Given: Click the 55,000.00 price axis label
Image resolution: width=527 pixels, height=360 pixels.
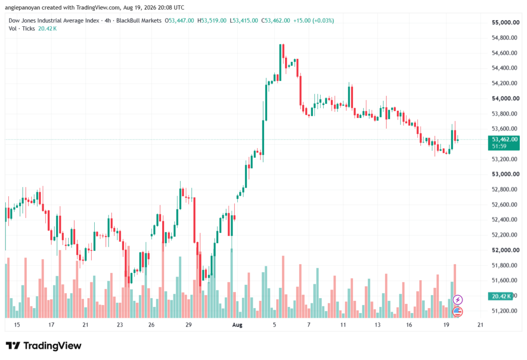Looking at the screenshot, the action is (505, 23).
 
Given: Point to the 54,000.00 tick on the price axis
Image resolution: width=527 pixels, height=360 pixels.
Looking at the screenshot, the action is (505, 98).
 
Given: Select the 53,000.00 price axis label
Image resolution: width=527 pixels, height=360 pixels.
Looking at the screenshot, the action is (505, 174).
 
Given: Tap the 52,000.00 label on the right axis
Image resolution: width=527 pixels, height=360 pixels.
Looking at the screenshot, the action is (505, 250).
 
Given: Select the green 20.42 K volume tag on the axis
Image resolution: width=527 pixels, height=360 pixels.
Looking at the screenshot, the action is (500, 296).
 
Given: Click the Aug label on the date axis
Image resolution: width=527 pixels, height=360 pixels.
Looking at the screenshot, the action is (237, 324).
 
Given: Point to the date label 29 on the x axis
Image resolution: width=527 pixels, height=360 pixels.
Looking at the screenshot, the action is (188, 324).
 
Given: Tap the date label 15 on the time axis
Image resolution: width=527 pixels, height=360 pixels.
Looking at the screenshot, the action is (17, 324).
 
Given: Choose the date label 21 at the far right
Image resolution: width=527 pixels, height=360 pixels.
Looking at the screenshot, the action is (480, 324).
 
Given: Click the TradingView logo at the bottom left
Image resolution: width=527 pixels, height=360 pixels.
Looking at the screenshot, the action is (44, 346).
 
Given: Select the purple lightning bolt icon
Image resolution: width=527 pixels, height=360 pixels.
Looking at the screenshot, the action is (458, 299).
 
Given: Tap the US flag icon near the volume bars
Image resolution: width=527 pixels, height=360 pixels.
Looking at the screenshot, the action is (458, 312).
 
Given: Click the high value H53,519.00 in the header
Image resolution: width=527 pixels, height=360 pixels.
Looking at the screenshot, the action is (212, 21).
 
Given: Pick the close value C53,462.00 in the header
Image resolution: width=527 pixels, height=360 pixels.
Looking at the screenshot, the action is (276, 21).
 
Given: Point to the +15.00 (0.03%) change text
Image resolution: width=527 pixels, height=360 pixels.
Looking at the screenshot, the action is (313, 21).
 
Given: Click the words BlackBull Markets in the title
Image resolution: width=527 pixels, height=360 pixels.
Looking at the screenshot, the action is (139, 21).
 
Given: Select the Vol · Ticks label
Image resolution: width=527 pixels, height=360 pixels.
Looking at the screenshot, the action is (22, 29).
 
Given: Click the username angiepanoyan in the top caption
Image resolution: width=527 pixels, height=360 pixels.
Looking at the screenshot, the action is (23, 7).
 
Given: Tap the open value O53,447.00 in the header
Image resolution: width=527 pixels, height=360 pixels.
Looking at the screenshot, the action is (180, 21).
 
